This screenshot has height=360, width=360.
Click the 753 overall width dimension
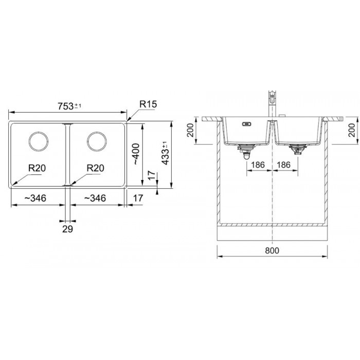pos(69,106)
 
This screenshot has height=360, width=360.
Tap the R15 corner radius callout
pos(148,104)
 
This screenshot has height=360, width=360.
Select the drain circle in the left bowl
pos(39,141)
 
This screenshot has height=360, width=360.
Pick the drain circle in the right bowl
pos(97,141)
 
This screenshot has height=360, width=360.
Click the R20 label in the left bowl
pos(37,168)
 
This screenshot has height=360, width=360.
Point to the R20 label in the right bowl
pos(95,168)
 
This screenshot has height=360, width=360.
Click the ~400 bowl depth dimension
pos(136,154)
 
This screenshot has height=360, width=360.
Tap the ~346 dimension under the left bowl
pos(35,198)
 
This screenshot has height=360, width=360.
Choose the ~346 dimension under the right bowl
pos(95,198)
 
